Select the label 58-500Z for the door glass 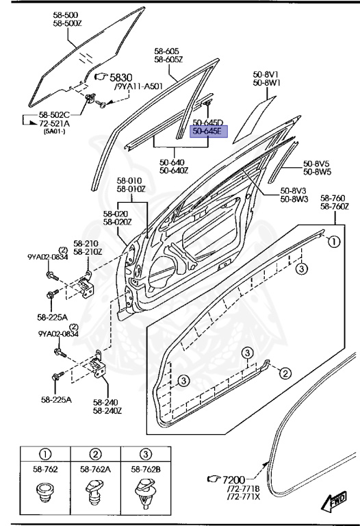coord(67,23)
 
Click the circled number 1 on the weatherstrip coord(334,242)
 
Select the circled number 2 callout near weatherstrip coord(285,373)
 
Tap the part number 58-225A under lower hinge coord(56,399)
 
